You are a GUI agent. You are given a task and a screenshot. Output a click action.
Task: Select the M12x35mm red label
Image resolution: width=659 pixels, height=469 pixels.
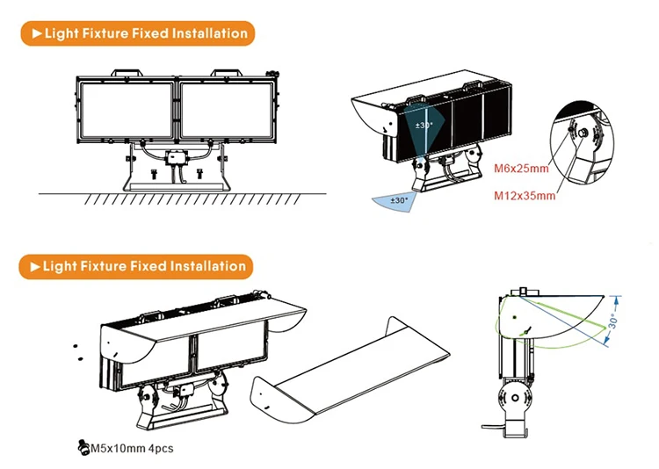525,195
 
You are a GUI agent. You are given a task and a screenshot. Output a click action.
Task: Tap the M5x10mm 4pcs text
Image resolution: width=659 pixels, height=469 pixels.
133,449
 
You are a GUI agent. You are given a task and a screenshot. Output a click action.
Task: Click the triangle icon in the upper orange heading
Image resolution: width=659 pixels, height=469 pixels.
36,34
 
